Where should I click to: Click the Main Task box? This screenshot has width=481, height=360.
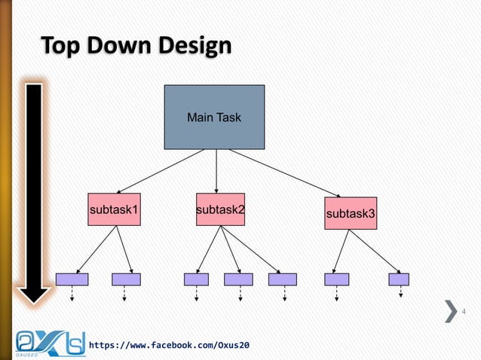[214, 117]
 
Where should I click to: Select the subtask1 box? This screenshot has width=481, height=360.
[114, 209]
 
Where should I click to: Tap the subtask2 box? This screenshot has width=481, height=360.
[220, 209]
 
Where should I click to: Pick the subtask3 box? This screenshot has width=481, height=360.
[350, 214]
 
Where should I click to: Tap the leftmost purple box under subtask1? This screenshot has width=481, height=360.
[72, 279]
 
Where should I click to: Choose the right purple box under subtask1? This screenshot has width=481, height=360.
[126, 279]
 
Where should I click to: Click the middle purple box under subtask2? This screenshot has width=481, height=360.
[238, 279]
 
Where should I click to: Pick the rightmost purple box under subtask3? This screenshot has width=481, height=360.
[399, 279]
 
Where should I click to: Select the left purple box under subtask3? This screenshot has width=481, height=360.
[336, 279]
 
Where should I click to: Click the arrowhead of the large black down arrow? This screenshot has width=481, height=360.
[33, 294]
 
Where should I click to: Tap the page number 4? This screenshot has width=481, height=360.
[464, 312]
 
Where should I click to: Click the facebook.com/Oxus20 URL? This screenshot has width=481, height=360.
[170, 345]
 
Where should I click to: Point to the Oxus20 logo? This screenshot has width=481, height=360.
[49, 343]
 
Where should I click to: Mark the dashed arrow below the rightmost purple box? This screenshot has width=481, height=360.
[400, 293]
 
